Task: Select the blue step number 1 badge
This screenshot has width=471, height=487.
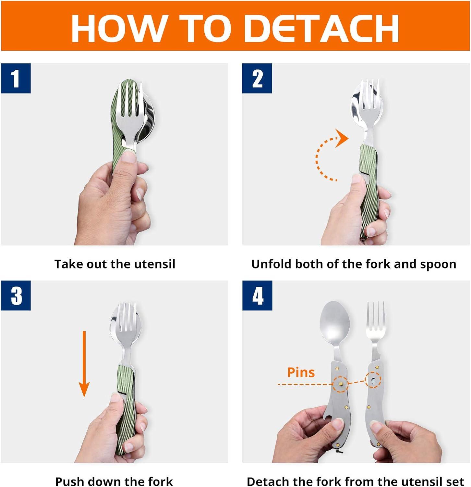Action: (x=16, y=79)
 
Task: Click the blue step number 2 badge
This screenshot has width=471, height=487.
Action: (x=257, y=79)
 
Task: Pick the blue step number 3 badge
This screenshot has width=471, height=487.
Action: (x=16, y=296)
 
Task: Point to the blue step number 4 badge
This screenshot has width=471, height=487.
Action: (x=257, y=296)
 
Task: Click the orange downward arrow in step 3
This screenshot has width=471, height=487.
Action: (x=84, y=364)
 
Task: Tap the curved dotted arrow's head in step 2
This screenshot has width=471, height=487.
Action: (x=342, y=138)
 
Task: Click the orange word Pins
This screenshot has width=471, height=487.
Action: (x=301, y=372)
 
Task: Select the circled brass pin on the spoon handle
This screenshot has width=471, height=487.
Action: (x=341, y=384)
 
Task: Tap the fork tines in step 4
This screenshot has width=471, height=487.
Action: (x=375, y=317)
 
